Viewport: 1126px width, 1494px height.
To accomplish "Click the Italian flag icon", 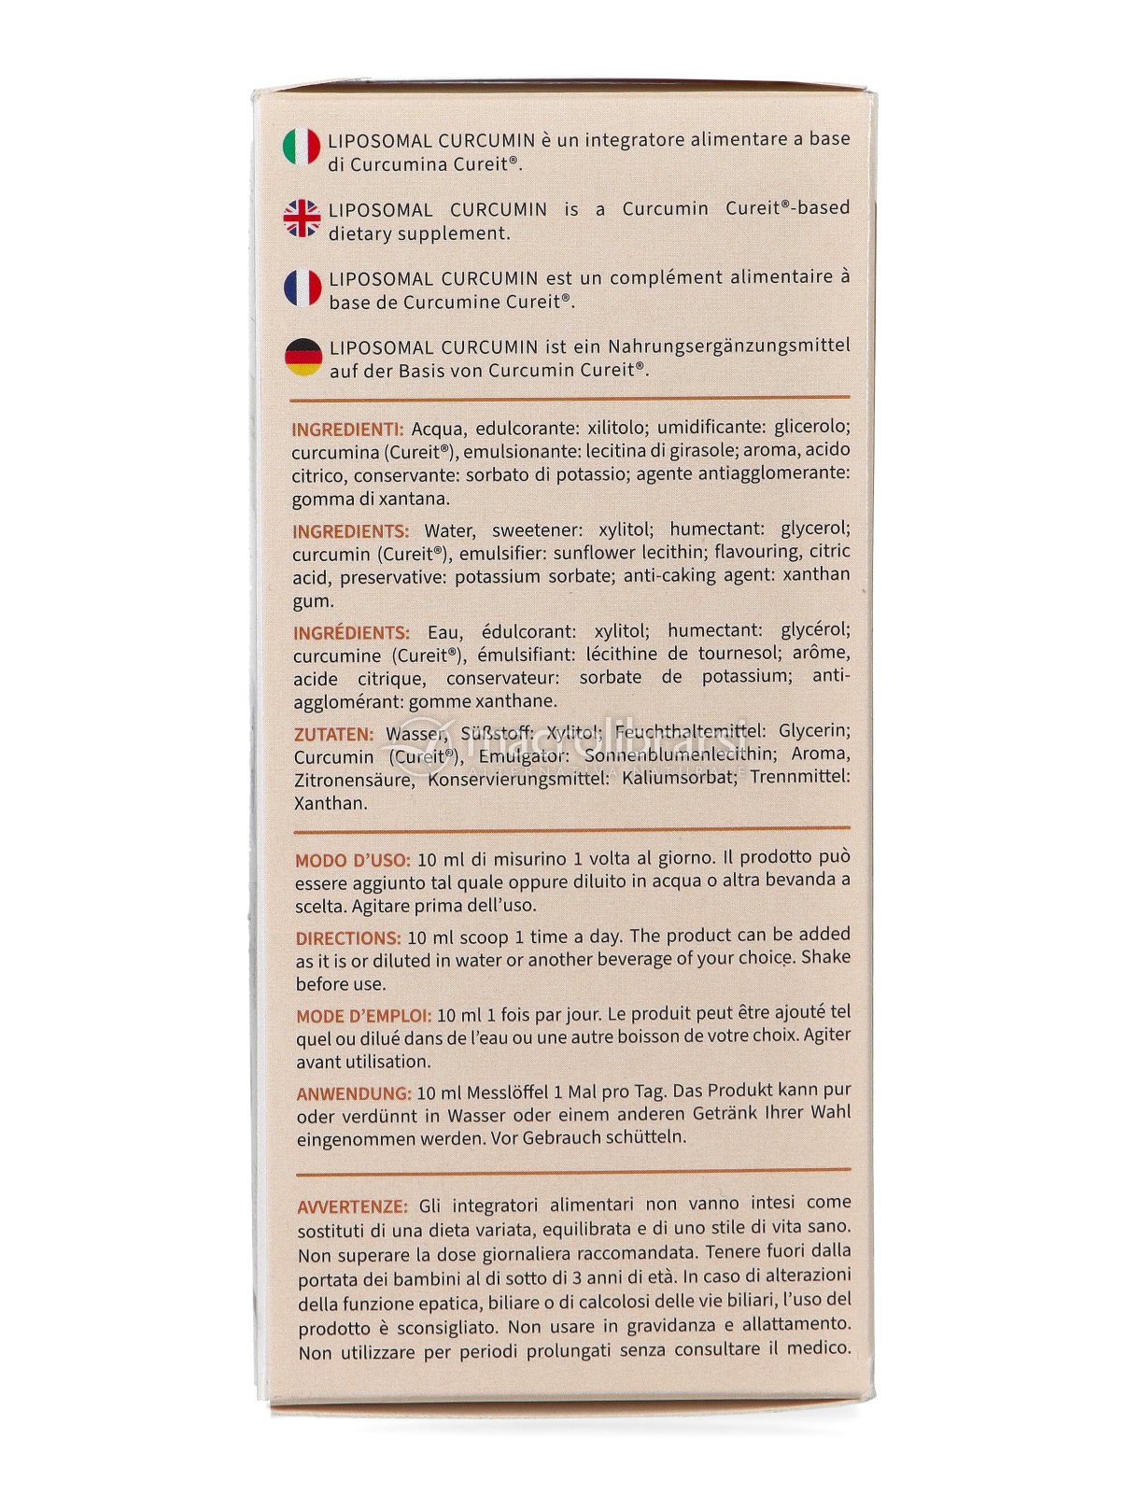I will [x=301, y=147].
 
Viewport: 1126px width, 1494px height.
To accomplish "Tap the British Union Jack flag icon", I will [x=302, y=218].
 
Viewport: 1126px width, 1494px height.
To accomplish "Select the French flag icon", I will [x=303, y=288].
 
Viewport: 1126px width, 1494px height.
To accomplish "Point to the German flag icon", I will [x=303, y=357].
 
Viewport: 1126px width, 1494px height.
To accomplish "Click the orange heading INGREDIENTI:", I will [x=347, y=430].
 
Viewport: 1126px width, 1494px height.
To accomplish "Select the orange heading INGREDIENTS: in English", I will [x=350, y=531].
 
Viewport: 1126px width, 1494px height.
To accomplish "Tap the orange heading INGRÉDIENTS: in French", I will [x=351, y=633].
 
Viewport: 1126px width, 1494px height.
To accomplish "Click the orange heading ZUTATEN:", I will [x=333, y=735].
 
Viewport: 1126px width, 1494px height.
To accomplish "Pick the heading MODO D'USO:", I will [x=352, y=860].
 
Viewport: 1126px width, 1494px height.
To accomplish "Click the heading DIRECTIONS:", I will [x=348, y=938].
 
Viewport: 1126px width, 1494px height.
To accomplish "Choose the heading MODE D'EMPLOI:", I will [x=363, y=1016].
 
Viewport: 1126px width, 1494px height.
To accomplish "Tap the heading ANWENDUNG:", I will [x=353, y=1093].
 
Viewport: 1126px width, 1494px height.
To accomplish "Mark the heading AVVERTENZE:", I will [x=352, y=1207].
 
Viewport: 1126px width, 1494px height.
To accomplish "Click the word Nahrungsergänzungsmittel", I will [x=728, y=346].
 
